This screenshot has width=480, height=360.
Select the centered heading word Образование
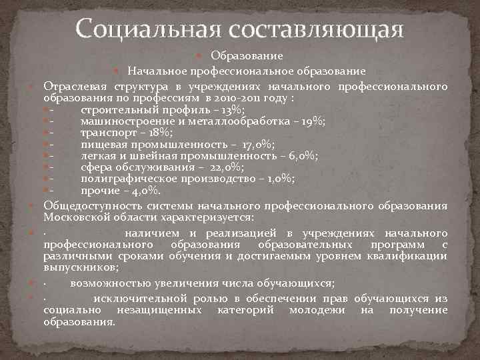click(247, 56)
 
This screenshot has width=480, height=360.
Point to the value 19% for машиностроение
click(312, 121)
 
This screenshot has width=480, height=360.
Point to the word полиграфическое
click(123, 179)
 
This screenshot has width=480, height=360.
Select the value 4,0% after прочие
click(141, 191)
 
